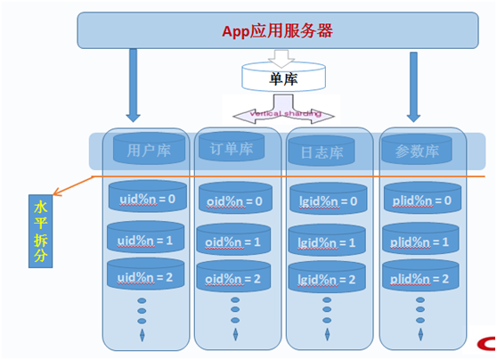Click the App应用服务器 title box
pyautogui.click(x=276, y=31)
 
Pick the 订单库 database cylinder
pyautogui.click(x=232, y=148)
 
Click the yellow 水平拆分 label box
pyautogui.click(x=41, y=230)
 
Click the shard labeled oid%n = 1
pyautogui.click(x=234, y=241)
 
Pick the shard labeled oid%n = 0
pyautogui.click(x=234, y=200)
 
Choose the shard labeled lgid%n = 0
pyautogui.click(x=327, y=200)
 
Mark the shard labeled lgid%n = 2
pyautogui.click(x=327, y=279)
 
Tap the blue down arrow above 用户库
pyautogui.click(x=134, y=85)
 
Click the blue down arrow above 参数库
pyautogui.click(x=414, y=85)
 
